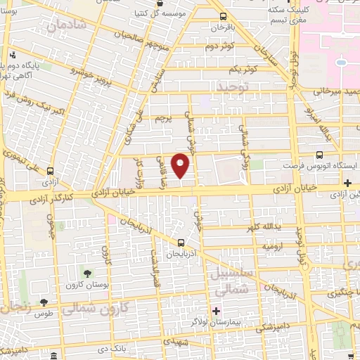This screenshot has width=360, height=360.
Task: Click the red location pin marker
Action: pos(181,166)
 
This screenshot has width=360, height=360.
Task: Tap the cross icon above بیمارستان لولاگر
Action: pos(217,310)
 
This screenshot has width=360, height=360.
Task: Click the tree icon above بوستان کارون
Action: pos(87,272)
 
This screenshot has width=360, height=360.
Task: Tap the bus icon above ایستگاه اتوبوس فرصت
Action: pos(320,155)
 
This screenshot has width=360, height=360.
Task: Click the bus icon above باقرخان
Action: pos(224,16)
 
